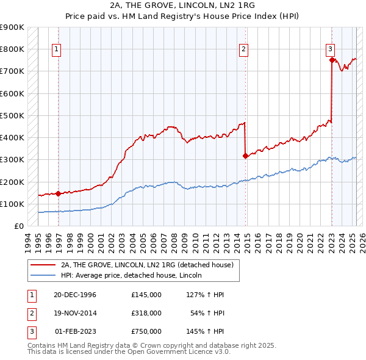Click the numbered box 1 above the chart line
click(x=56, y=49)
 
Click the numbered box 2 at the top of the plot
click(x=243, y=49)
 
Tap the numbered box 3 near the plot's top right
click(x=329, y=49)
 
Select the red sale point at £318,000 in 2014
click(x=245, y=156)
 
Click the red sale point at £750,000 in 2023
click(x=331, y=60)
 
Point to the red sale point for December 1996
click(x=59, y=194)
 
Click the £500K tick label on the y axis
click(x=12, y=115)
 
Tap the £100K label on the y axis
click(x=12, y=204)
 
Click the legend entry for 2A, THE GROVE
click(x=146, y=265)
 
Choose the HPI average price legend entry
click(x=135, y=276)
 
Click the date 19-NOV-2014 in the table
click(x=75, y=312)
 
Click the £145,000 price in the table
click(x=146, y=295)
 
